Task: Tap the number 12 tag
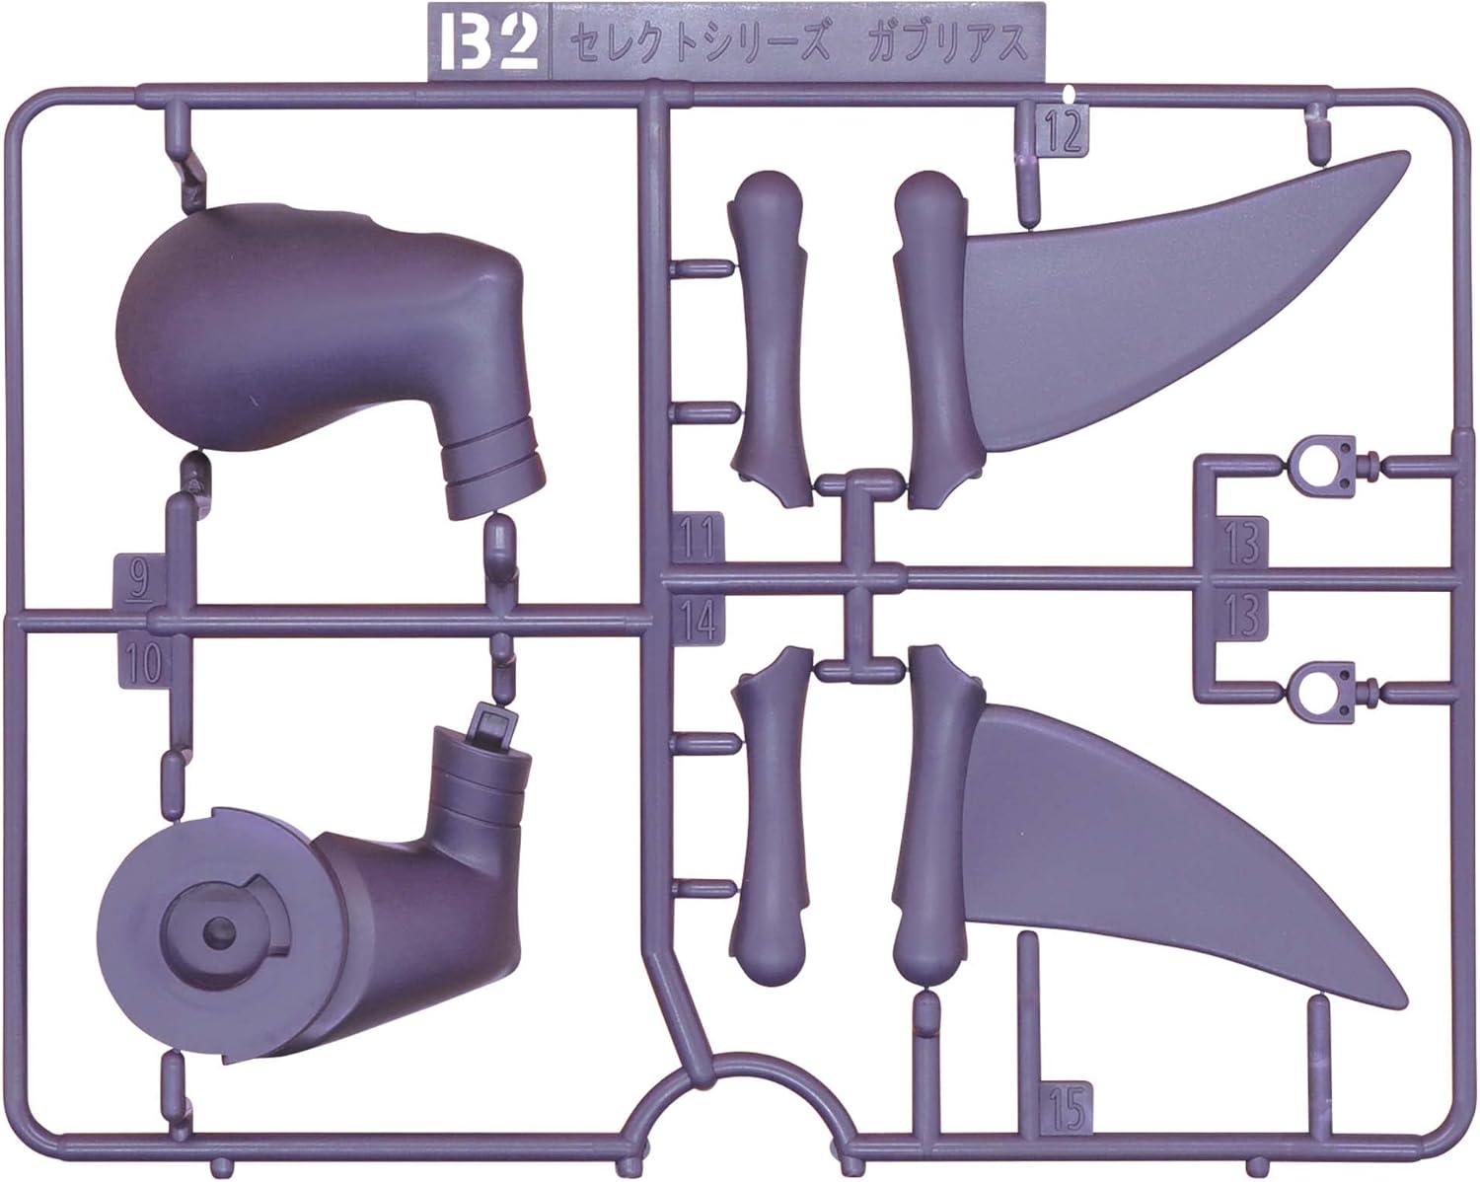point(1063,133)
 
